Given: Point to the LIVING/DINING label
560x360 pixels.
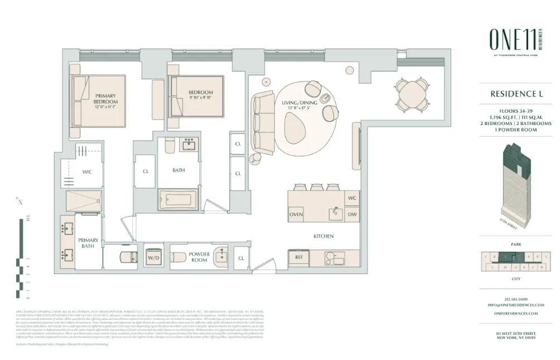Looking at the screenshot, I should [300, 103].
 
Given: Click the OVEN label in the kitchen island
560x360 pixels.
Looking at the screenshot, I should [296, 214].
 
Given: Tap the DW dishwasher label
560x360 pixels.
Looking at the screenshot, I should [352, 214].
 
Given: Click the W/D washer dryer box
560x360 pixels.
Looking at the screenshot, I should [153, 257].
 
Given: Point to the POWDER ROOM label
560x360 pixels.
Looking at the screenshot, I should [200, 257].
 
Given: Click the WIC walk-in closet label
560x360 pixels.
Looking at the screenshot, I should [87, 172].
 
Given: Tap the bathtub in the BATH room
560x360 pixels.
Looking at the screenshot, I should [178, 200].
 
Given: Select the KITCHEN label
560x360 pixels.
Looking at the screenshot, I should [323, 236].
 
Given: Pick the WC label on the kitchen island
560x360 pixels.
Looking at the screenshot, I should [352, 198].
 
